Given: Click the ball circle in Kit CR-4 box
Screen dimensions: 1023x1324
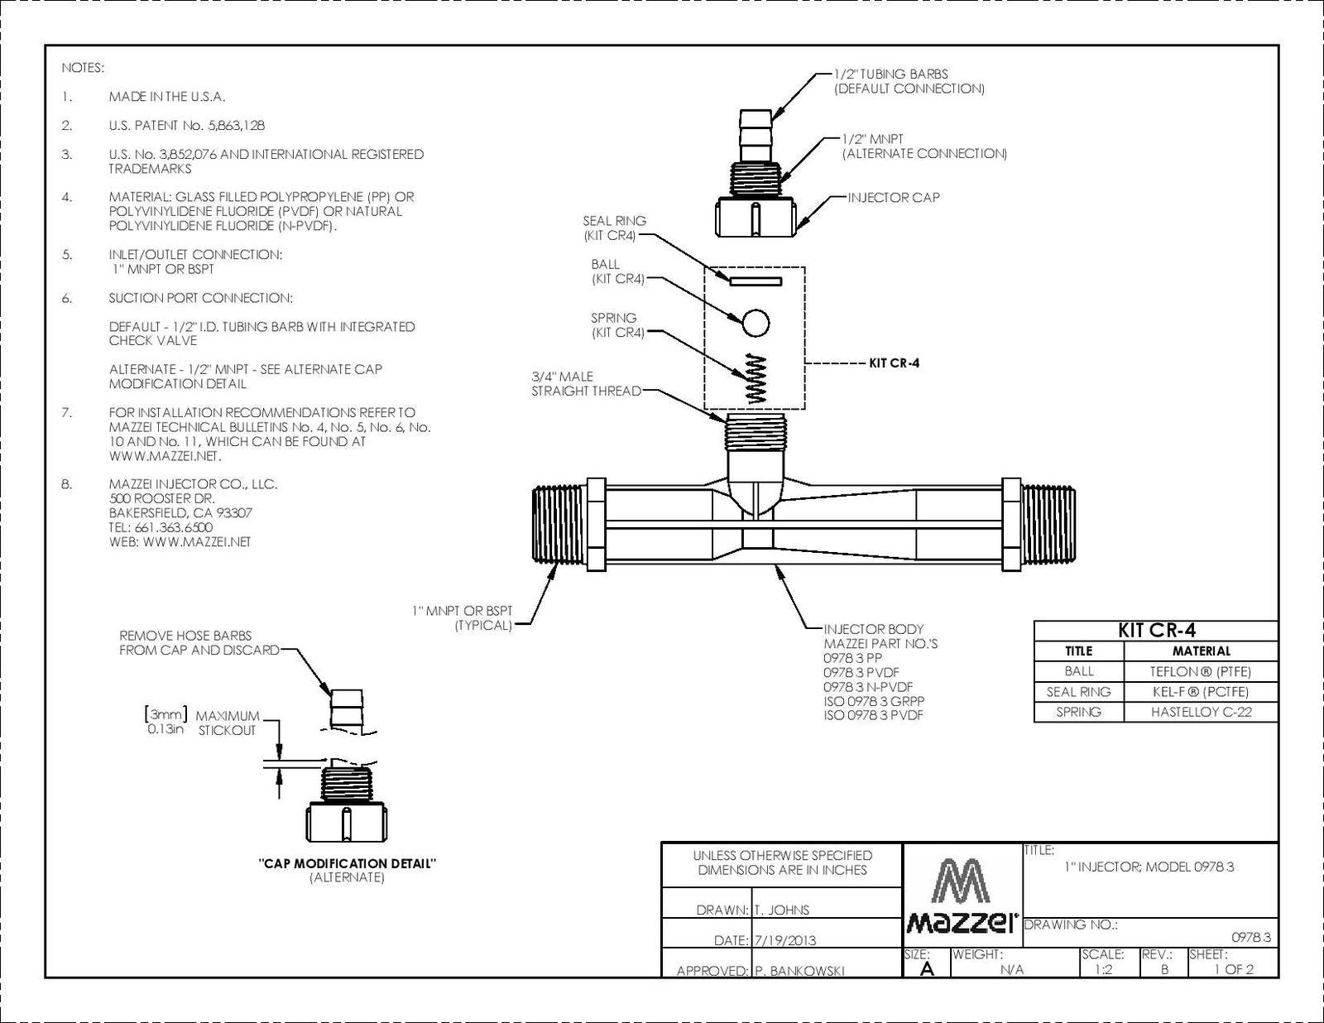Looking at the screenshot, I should pos(755,323).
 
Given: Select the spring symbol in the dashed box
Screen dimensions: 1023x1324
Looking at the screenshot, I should pos(756,379).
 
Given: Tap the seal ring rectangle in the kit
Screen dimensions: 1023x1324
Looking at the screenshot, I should pos(756,281).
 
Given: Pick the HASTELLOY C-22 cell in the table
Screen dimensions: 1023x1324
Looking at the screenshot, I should pos(1201,712).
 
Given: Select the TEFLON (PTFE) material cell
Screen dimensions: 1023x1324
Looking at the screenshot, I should pos(1201,671).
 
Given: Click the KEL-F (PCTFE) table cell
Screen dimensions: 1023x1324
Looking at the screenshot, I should pos(1201,692).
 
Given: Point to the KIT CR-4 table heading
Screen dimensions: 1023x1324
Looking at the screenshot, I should pos(1156,630).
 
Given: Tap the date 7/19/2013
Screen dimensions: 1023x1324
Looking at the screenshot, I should pos(785,940).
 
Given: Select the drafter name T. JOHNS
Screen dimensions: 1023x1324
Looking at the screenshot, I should pos(782,910).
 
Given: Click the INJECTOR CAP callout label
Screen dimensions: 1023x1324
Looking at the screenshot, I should pos(894,198).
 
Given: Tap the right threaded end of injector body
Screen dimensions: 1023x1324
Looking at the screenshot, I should pos(1048,526).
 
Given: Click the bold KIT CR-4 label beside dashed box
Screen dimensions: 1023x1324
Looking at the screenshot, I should pos(894,363).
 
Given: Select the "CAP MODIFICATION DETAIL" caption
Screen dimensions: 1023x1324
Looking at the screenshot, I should pos(348,863).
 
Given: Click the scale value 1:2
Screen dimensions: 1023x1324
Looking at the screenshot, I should pos(1103,969).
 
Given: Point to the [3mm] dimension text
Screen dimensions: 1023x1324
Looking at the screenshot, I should pos(166,714).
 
